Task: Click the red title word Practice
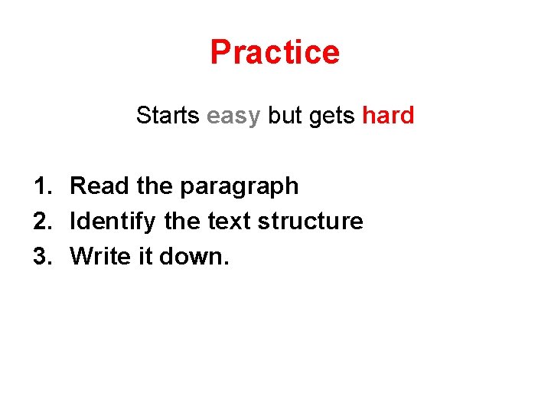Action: coord(275,52)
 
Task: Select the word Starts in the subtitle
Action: coord(168,116)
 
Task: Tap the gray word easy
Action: coord(233,117)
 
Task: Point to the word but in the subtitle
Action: coord(285,116)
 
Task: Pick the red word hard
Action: coord(388,116)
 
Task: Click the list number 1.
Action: coord(41,186)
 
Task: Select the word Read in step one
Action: coord(98,186)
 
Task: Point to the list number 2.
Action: coord(41,221)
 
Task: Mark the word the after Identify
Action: coord(181,221)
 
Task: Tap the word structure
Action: coord(310,221)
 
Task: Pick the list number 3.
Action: coord(41,256)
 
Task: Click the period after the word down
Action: coord(226,263)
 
